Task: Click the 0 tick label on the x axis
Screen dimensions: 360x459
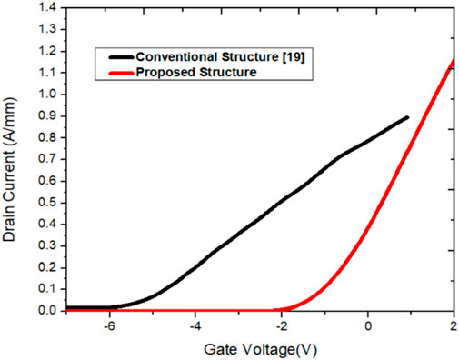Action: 368,326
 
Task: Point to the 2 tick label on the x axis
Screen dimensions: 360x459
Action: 454,326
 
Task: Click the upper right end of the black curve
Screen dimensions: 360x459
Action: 407,117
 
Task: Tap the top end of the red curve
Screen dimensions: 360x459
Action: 454,60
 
